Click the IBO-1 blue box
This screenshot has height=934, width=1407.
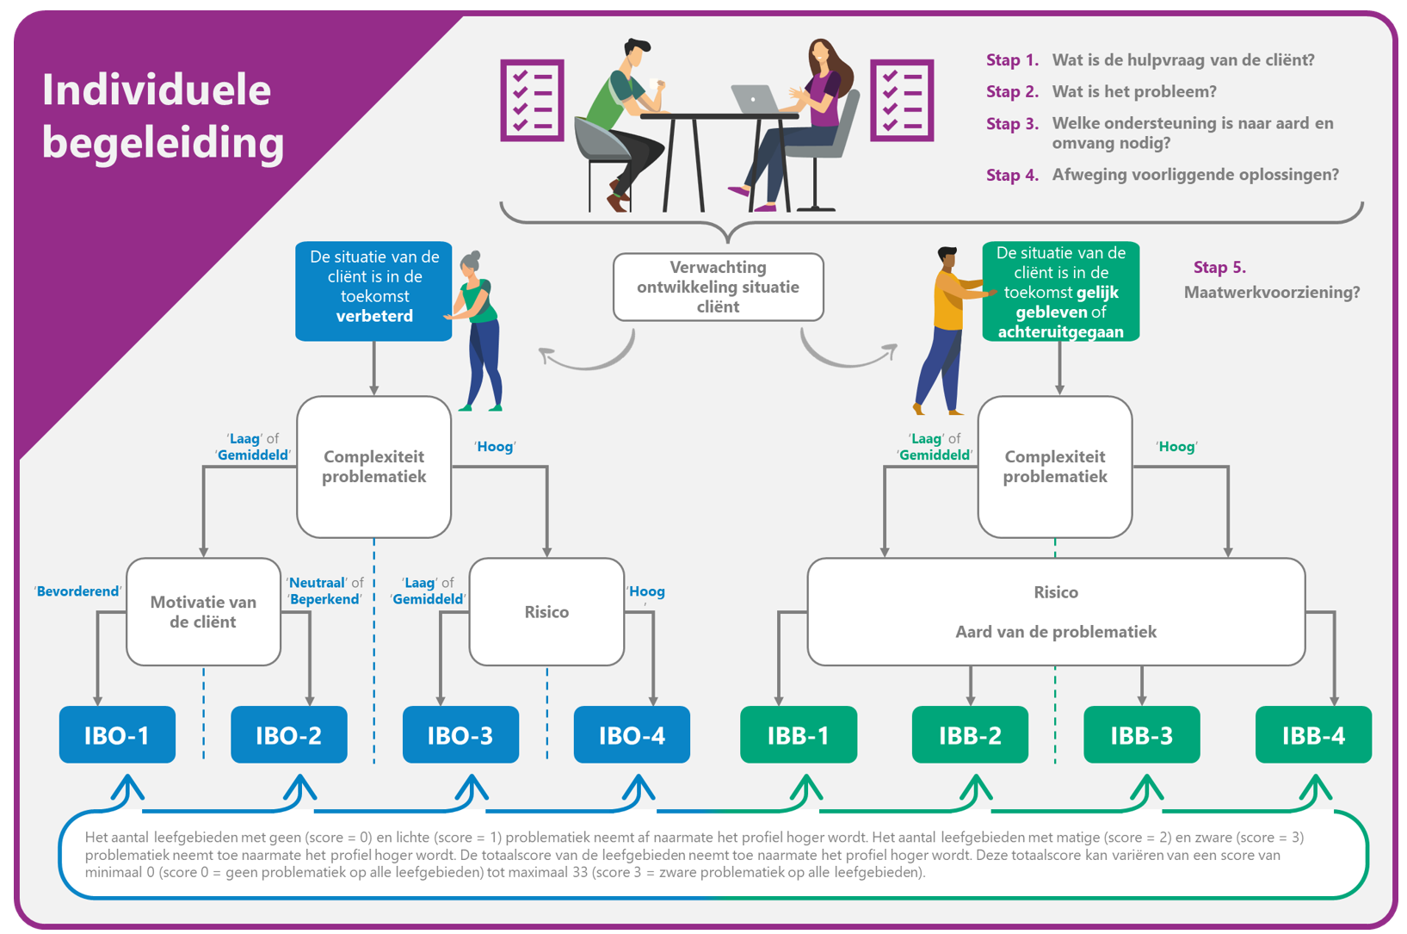[117, 735]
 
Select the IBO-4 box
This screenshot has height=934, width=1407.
[632, 735]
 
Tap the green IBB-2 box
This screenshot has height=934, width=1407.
[970, 735]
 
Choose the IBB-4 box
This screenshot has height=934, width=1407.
[1313, 735]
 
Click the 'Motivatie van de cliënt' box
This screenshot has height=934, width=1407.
[203, 612]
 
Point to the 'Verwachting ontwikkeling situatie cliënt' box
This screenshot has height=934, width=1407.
[718, 287]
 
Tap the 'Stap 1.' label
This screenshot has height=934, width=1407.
[1012, 60]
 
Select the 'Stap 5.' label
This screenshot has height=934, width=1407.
[1219, 268]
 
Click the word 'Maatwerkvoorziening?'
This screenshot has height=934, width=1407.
[1272, 293]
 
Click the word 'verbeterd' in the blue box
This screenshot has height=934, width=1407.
[374, 316]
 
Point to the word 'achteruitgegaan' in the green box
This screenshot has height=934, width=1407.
[1060, 331]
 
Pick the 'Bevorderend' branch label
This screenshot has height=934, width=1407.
[77, 591]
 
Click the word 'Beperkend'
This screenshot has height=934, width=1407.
[324, 599]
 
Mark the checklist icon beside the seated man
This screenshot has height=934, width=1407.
[532, 100]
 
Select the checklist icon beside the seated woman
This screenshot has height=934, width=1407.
[902, 100]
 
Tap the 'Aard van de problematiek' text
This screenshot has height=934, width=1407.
[1055, 632]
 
